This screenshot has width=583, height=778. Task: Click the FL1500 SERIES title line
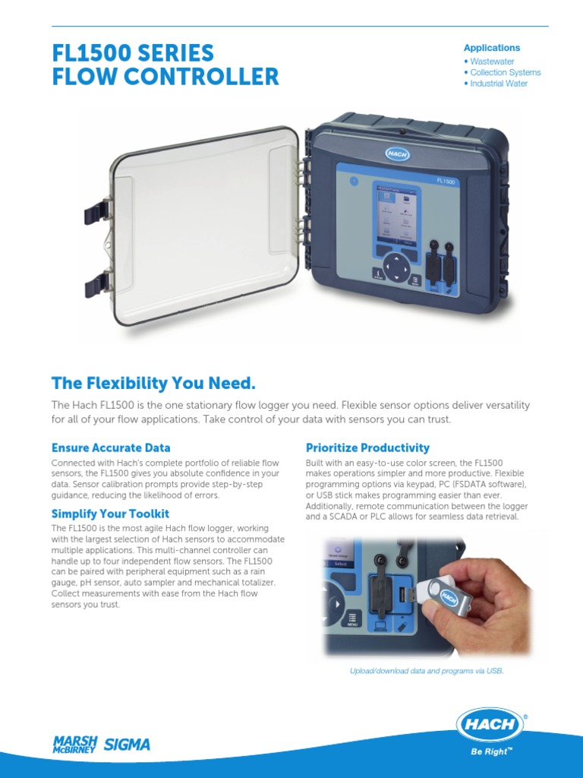point(133,53)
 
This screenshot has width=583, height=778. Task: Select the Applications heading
point(492,48)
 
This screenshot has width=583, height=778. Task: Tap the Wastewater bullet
point(493,61)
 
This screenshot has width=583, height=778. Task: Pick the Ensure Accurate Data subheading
point(111,448)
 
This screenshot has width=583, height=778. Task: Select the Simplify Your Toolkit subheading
point(110,514)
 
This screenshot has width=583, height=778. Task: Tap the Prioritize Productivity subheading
point(367,448)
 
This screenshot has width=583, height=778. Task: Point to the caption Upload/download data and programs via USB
point(426,671)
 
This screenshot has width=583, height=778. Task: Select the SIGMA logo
point(127,745)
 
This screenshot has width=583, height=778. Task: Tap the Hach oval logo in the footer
point(490,725)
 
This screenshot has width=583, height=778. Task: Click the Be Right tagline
point(491,753)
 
